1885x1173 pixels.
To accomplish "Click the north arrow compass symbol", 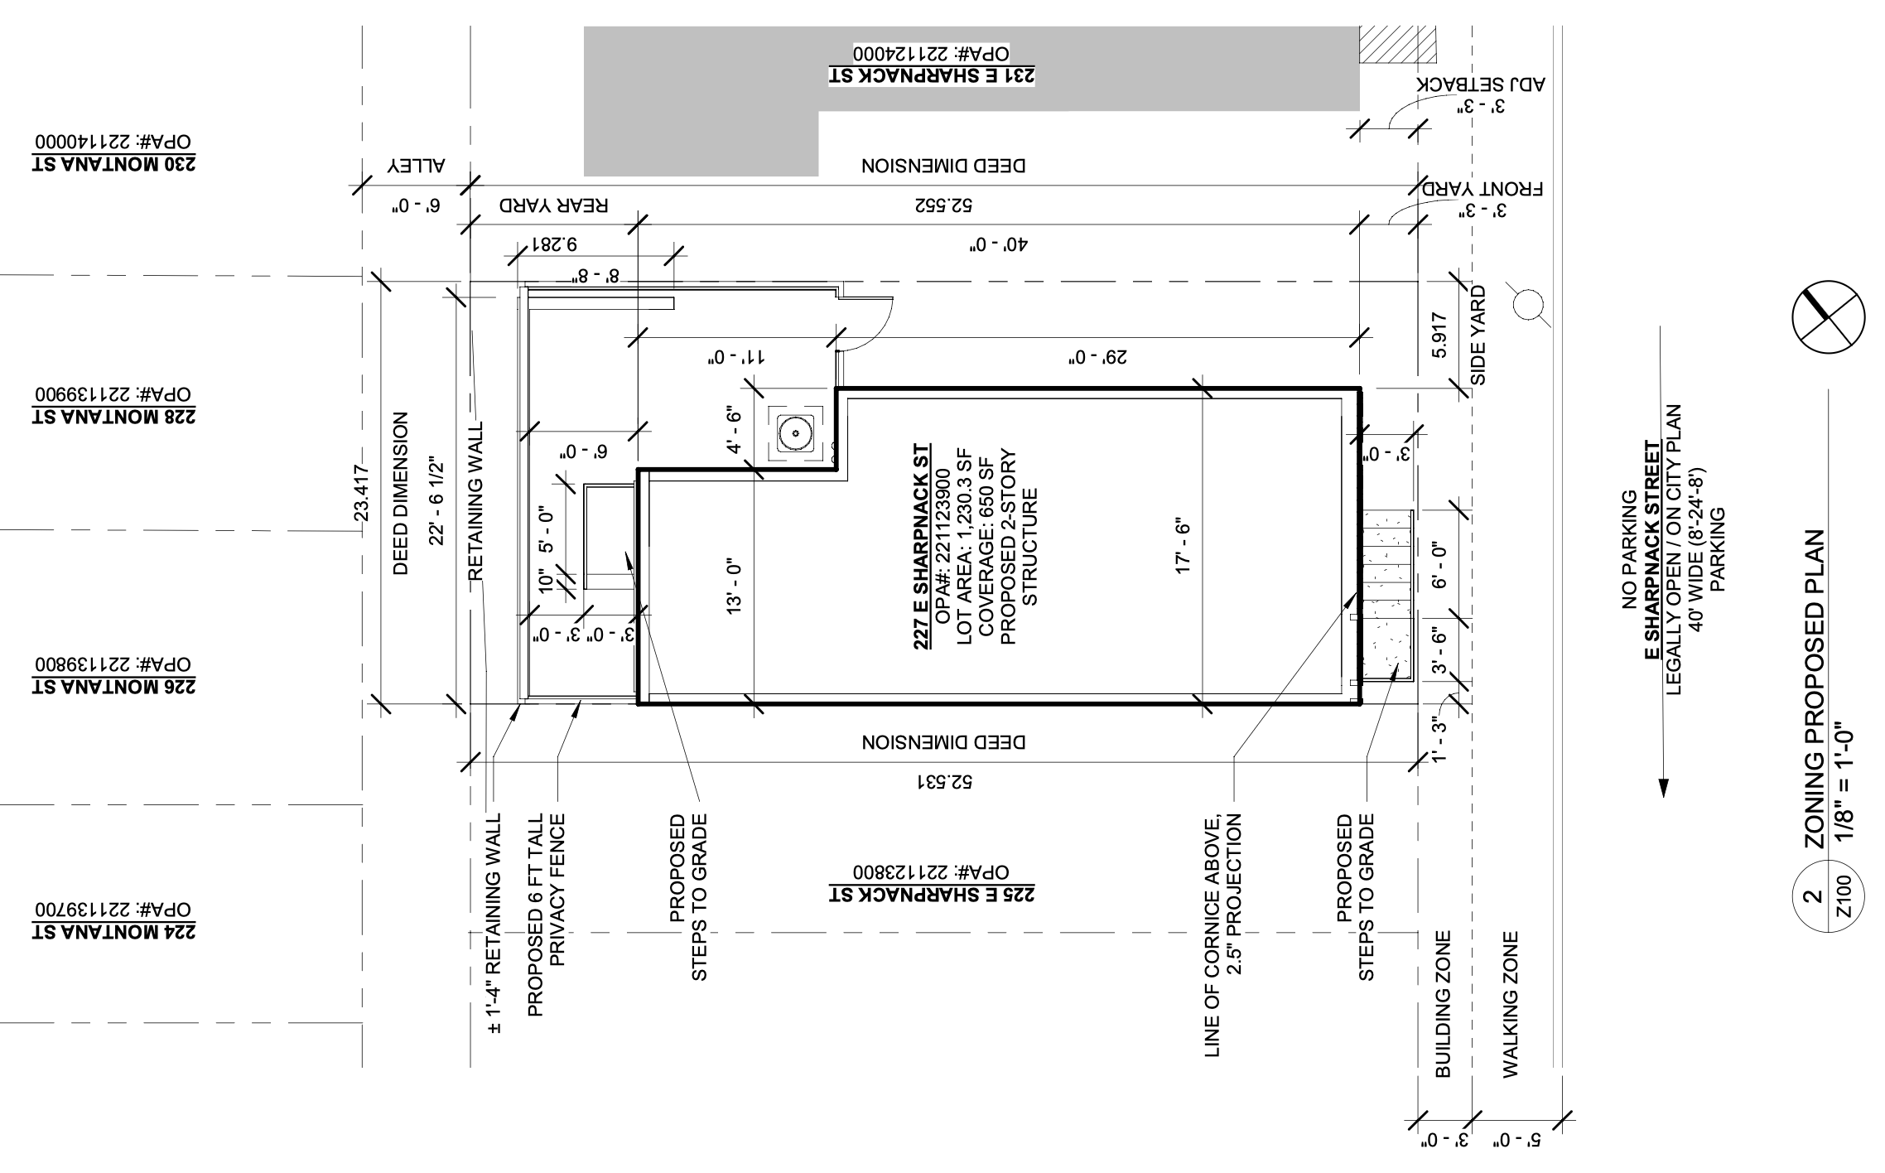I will pos(1828,317).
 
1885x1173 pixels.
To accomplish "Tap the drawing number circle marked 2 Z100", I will pos(1828,907).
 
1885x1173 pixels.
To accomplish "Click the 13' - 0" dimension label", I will pos(735,587).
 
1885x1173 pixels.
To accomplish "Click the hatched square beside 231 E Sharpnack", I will pos(1397,44).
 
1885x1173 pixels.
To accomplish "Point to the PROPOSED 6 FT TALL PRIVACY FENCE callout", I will pos(547,915).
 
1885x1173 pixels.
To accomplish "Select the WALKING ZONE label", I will pos(1511,1004).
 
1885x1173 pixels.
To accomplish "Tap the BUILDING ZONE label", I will pos(1443,1004).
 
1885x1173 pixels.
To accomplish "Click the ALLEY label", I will pos(417,165).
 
